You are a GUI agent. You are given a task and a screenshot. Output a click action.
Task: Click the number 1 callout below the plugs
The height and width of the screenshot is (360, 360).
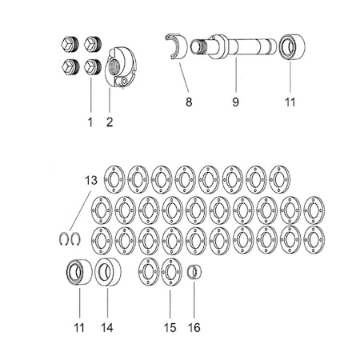pos(90,122)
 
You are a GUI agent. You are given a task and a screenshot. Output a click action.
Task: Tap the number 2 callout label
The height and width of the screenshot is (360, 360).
pos(109,122)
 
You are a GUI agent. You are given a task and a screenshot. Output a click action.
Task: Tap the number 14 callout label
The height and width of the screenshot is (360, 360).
pos(107,326)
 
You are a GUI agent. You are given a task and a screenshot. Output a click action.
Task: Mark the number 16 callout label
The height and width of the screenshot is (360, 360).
pos(194,326)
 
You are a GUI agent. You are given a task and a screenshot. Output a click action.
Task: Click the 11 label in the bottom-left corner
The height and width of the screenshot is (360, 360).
pos(78,326)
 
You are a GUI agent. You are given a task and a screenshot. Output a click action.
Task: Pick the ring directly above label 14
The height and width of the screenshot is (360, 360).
pos(107,274)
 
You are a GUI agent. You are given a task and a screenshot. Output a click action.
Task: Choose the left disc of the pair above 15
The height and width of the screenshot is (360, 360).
pos(148,273)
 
